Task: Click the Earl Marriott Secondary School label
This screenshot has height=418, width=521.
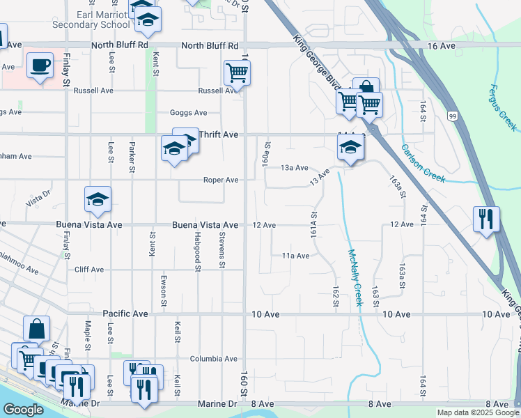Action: click(x=91, y=19)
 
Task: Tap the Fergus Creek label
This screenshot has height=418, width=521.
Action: click(x=503, y=107)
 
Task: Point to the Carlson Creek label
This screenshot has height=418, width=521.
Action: click(x=423, y=163)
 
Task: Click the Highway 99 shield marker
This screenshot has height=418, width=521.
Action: click(x=453, y=116)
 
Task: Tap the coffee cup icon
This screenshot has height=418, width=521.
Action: click(x=40, y=65)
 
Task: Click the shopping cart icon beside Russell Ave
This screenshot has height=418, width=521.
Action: click(x=238, y=72)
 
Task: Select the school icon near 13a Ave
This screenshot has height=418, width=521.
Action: click(x=350, y=147)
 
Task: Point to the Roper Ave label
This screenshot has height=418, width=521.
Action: click(x=221, y=180)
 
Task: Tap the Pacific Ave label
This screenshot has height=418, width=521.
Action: click(x=125, y=314)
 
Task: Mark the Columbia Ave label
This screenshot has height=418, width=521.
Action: click(x=214, y=359)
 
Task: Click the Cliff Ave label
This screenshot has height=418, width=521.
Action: click(x=88, y=270)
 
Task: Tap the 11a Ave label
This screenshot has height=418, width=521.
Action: click(x=295, y=256)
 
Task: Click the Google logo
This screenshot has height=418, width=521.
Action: click(x=23, y=410)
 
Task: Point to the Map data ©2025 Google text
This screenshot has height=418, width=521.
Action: click(x=477, y=412)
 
